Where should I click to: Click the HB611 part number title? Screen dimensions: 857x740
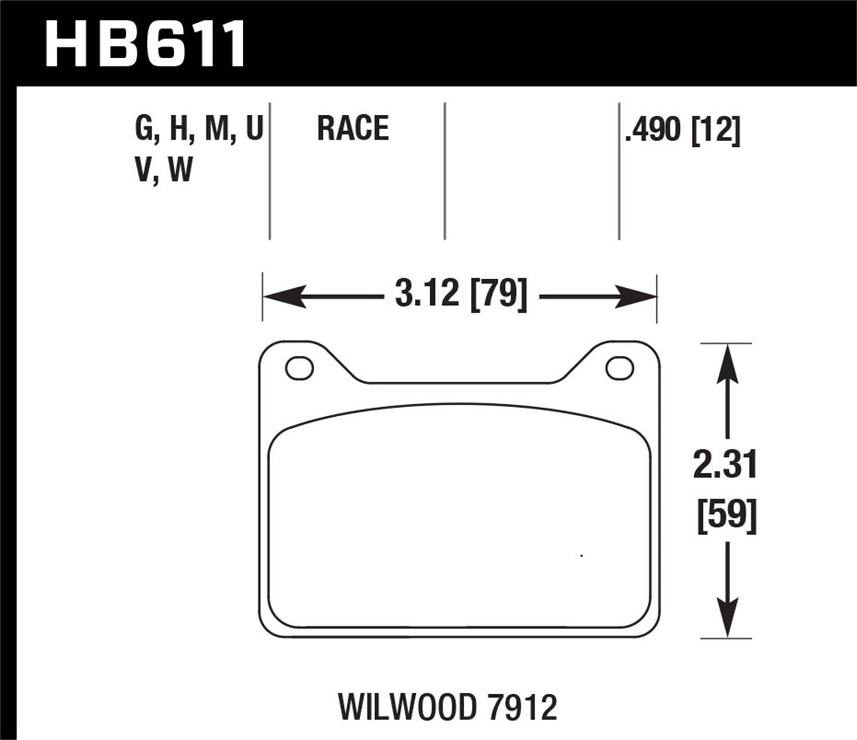146,43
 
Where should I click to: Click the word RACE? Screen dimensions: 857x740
353,128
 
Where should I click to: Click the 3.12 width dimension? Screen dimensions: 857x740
427,295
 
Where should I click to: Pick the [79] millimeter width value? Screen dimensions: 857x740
498,295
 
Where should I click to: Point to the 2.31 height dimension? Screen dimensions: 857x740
725,465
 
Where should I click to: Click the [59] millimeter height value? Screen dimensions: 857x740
727,516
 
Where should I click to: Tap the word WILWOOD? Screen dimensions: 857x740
407,707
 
